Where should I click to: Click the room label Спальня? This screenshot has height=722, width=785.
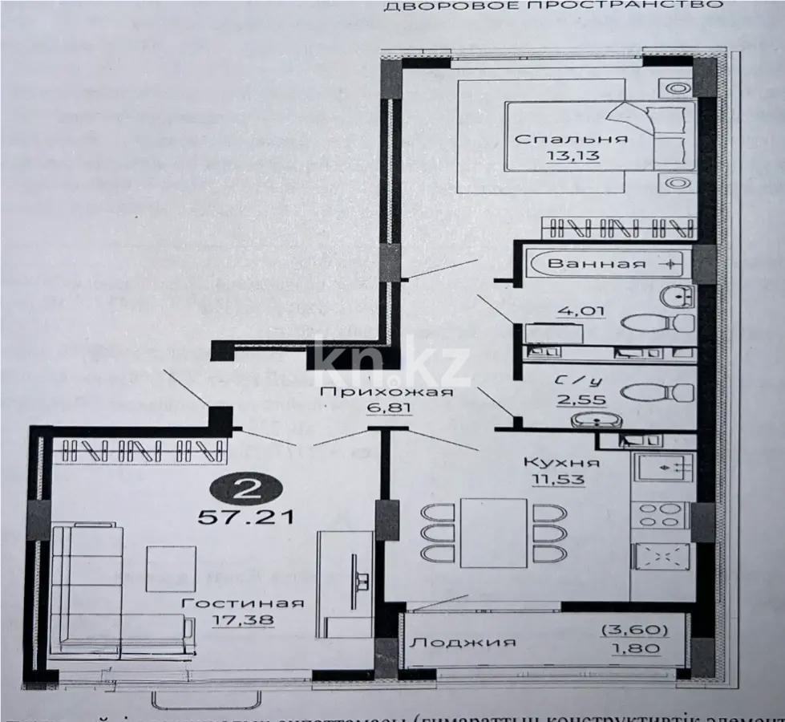click(x=570, y=138)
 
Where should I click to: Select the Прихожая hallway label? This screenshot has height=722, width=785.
click(x=386, y=392)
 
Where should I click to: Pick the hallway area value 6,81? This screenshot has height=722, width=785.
click(x=386, y=409)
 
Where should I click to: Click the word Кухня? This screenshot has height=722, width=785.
click(x=560, y=463)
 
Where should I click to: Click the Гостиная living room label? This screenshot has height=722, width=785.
click(x=242, y=603)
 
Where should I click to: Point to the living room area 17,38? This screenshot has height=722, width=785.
click(x=242, y=619)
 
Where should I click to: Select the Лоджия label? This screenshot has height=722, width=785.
click(x=461, y=643)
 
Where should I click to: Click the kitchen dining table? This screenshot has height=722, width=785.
click(x=493, y=533)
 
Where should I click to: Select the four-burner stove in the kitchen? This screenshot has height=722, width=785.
click(x=660, y=514)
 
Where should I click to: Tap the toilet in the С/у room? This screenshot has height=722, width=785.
click(x=658, y=392)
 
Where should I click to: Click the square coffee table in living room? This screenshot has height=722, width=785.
click(x=171, y=569)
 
